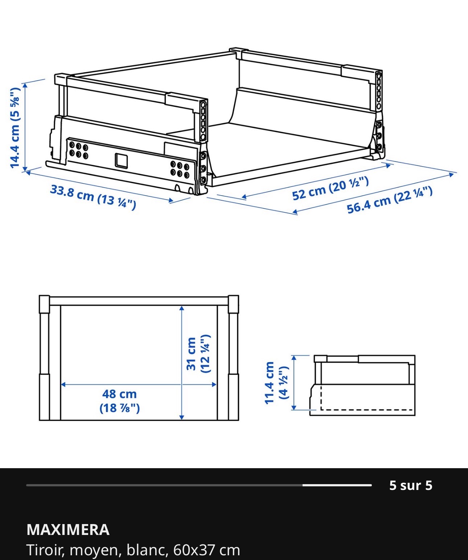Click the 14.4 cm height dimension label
pos(15,128)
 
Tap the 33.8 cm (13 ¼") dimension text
pos(93,198)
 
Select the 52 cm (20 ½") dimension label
pos(331,188)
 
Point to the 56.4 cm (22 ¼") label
pos(390,200)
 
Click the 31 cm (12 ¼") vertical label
pos(198,354)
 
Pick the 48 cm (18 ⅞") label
pos(120,401)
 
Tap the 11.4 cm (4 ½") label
pos(277,383)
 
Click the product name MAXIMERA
pos(68,530)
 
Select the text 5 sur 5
pos(411,486)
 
